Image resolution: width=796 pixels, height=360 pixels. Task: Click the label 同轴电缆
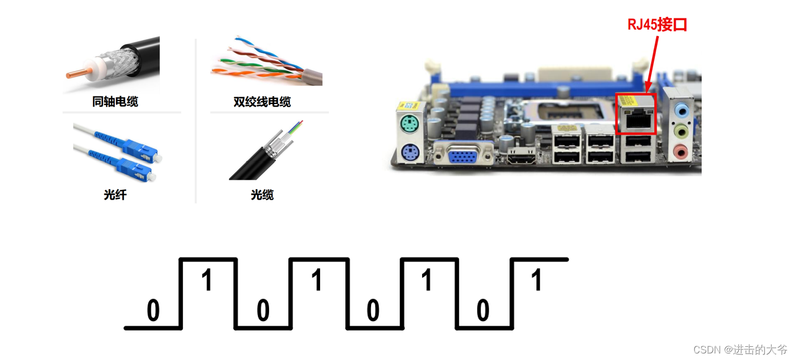[115, 102]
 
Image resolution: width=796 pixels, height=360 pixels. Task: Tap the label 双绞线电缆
[262, 102]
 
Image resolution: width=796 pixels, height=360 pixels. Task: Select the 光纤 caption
[115, 194]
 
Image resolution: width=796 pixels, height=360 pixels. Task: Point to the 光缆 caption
[262, 194]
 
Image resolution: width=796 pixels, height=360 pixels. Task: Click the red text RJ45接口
[657, 25]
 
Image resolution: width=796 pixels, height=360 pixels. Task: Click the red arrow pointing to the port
[653, 60]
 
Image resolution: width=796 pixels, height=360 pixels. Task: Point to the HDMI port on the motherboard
[521, 159]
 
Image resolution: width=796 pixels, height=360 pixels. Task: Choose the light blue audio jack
[682, 111]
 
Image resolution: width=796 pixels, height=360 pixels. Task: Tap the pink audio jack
[681, 151]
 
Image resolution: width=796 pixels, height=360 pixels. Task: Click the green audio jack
[681, 131]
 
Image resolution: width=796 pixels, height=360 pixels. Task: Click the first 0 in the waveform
[153, 311]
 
